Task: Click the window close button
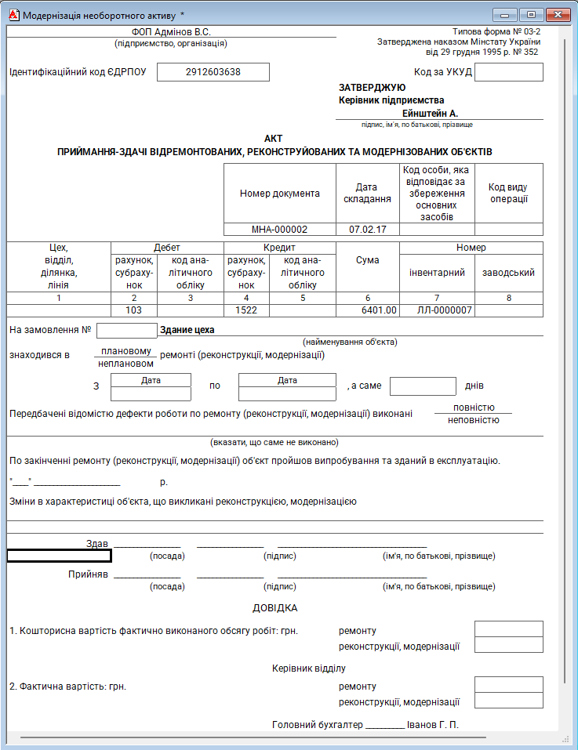point(558,14)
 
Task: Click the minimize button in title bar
point(506,14)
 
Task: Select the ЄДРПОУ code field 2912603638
point(213,72)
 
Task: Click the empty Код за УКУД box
point(508,72)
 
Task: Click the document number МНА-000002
point(279,230)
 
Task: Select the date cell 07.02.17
point(367,230)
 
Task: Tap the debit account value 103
point(133,310)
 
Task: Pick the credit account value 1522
point(246,310)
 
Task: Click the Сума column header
point(367,259)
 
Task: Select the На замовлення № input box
point(126,331)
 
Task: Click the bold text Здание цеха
point(187,330)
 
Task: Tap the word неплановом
point(125,364)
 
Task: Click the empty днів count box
point(422,386)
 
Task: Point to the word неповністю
point(473,420)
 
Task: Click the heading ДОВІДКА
point(274,608)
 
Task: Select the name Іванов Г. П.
point(433,725)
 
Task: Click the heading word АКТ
point(274,137)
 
